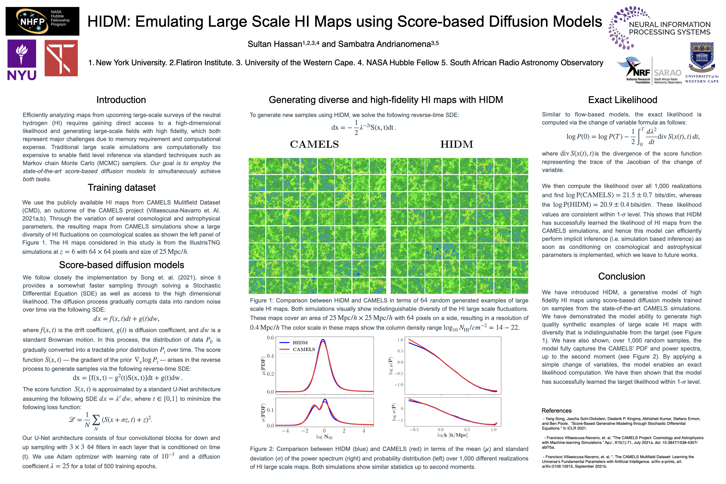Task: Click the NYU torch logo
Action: pos(22,53)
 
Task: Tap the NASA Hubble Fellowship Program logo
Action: pos(42,21)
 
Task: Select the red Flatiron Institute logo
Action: pos(61,58)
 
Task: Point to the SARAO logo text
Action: pos(667,73)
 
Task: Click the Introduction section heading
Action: pos(121,100)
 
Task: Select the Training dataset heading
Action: pos(122,187)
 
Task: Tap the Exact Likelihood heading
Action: pos(622,100)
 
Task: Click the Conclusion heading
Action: pos(621,276)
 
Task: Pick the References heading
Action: pos(556,411)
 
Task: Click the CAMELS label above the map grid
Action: pos(314,144)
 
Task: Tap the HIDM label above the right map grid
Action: pos(457,144)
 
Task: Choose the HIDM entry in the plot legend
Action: pos(300,343)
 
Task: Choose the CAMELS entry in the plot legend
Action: pos(303,350)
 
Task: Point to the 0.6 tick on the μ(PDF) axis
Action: pos(270,338)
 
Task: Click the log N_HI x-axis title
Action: pos(324,437)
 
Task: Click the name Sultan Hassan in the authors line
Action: pos(274,44)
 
